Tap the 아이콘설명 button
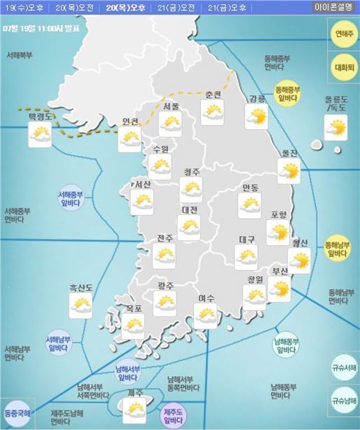[x=333, y=8]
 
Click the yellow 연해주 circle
[x=343, y=34]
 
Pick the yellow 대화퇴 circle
[x=343, y=67]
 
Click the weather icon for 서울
[x=169, y=125]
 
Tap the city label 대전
[x=189, y=210]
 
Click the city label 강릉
[x=257, y=99]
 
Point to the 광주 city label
[x=166, y=286]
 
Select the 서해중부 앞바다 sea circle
[x=71, y=200]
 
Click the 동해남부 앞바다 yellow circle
[x=342, y=249]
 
